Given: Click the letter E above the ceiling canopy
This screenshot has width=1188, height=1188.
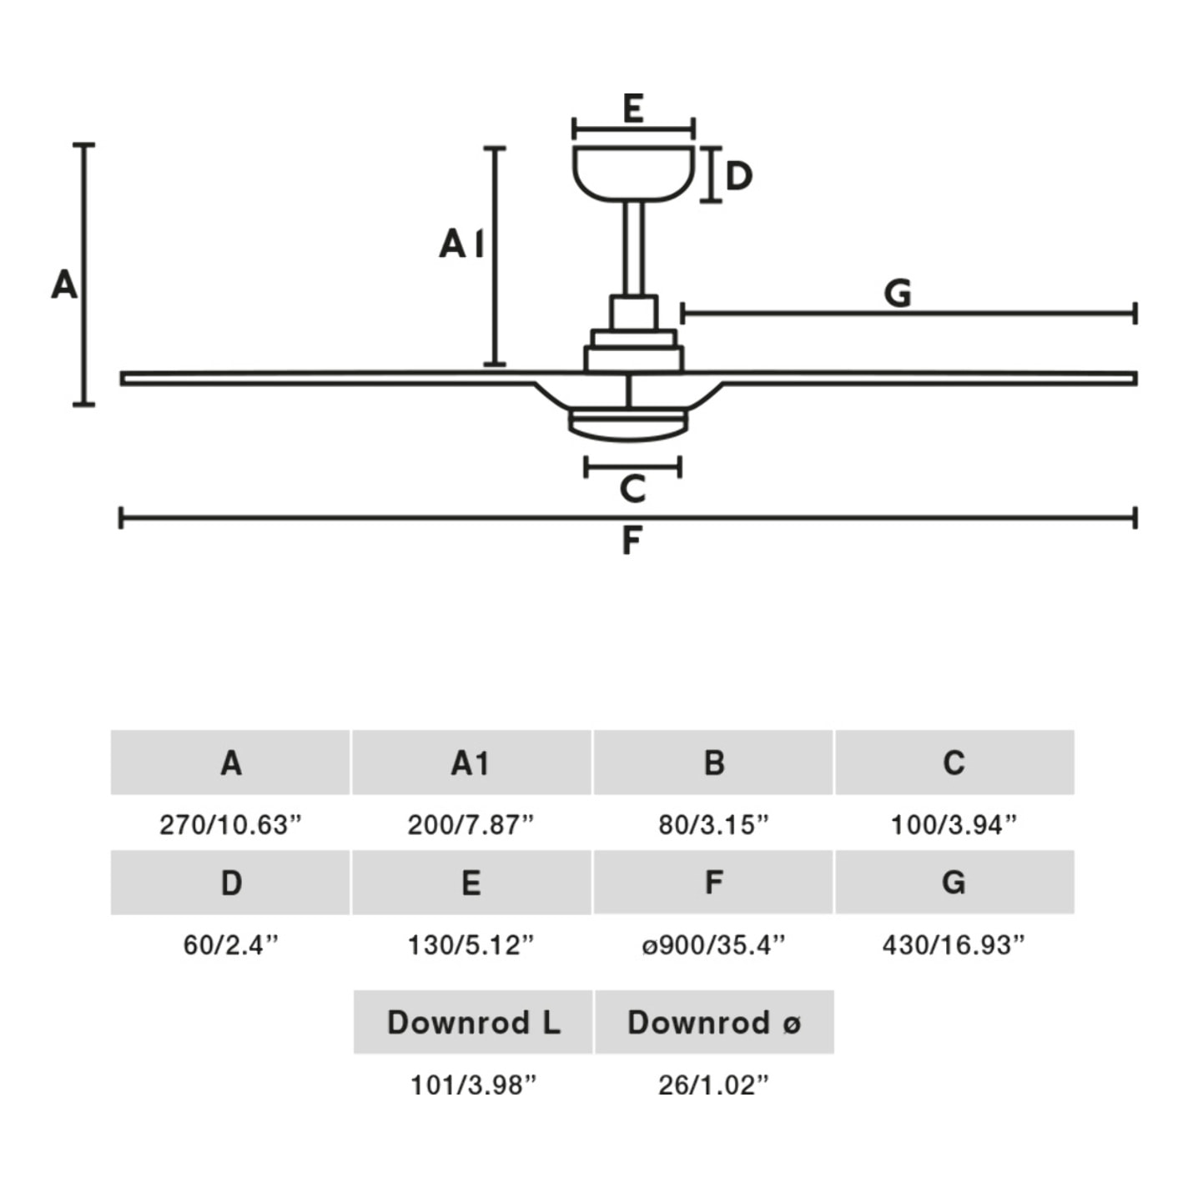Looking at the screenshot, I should (x=633, y=108).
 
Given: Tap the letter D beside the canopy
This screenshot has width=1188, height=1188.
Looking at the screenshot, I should (x=738, y=176).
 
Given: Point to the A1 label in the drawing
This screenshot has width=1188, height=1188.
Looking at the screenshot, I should (x=461, y=244).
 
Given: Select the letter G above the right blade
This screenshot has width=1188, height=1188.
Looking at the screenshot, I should (x=898, y=293).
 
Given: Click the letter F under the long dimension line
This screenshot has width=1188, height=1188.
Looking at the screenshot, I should (x=632, y=541).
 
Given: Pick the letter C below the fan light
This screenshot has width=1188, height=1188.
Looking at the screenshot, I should (x=633, y=488).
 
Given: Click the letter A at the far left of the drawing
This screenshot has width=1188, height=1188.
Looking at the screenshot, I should (x=64, y=284).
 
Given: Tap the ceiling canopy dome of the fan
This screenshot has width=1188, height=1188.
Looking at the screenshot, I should (x=633, y=173).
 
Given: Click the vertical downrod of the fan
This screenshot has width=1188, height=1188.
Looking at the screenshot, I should (x=633, y=248).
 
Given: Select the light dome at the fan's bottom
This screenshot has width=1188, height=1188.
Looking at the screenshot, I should (x=628, y=425).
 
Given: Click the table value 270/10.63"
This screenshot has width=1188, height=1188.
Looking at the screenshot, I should (x=230, y=825).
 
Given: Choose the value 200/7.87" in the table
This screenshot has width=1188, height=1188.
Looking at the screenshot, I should (x=471, y=825).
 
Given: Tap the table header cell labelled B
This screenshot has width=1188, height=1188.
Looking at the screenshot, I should (x=713, y=763).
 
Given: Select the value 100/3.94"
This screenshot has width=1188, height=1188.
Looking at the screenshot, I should (x=954, y=825).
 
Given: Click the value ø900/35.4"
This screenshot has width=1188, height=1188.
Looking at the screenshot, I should (x=713, y=945).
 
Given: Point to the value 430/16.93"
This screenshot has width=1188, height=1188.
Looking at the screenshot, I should (x=954, y=945).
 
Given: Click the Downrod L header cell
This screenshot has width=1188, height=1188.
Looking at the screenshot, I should (x=473, y=1022).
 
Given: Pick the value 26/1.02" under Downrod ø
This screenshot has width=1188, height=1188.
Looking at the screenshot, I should (x=713, y=1085).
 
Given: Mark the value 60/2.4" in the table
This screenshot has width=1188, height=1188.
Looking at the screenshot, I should (x=230, y=945).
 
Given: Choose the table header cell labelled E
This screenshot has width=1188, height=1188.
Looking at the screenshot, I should (x=471, y=883).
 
